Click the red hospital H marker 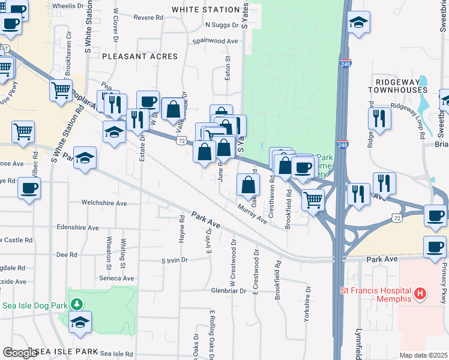pyautogui.click(x=421, y=294)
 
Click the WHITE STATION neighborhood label pyautogui.click(x=206, y=10)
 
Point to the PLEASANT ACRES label pyautogui.click(x=140, y=56)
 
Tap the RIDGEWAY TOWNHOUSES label pyautogui.click(x=401, y=85)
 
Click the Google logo pyautogui.click(x=20, y=352)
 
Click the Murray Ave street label pyautogui.click(x=252, y=213)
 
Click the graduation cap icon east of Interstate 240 pyautogui.click(x=358, y=22)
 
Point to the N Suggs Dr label pyautogui.click(x=222, y=25)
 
